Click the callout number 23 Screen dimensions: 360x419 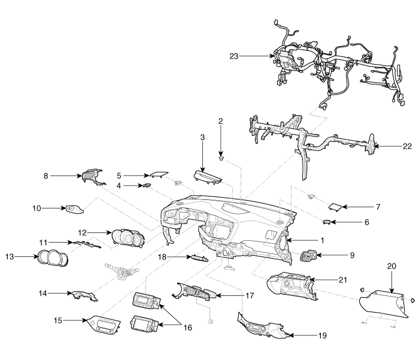point(233,56)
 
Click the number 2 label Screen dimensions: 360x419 point(220,121)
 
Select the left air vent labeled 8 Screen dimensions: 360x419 point(91,176)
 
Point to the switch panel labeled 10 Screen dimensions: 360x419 point(74,208)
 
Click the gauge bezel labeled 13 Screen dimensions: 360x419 point(53,258)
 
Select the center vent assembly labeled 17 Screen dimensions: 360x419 point(195,292)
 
